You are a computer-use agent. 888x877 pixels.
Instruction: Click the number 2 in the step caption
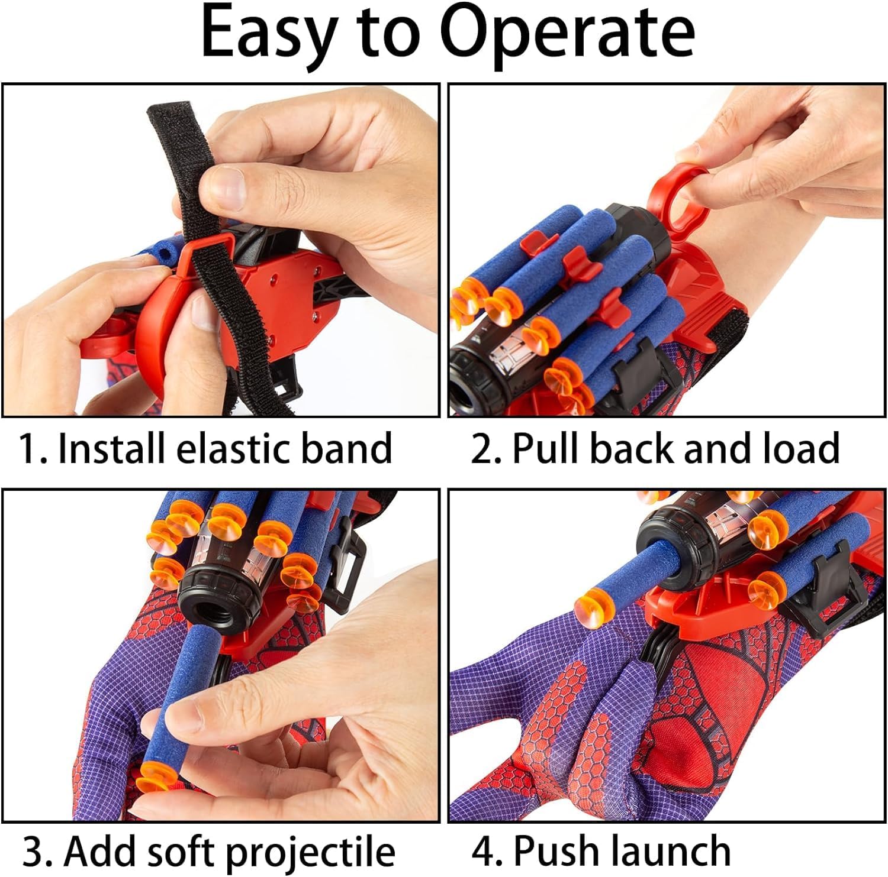point(481,449)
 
